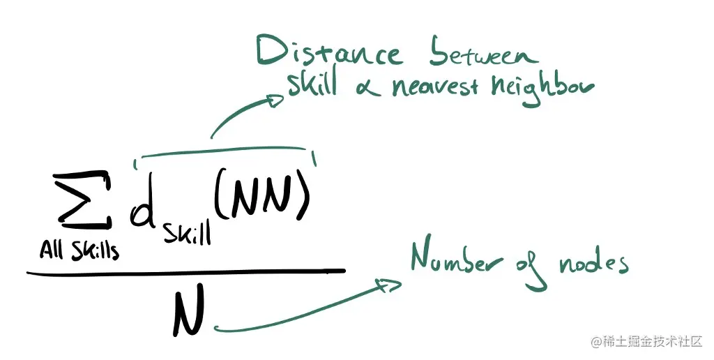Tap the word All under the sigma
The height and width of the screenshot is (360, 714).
52,250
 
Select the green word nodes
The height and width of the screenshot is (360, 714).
593,264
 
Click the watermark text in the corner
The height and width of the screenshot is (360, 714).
646,342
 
